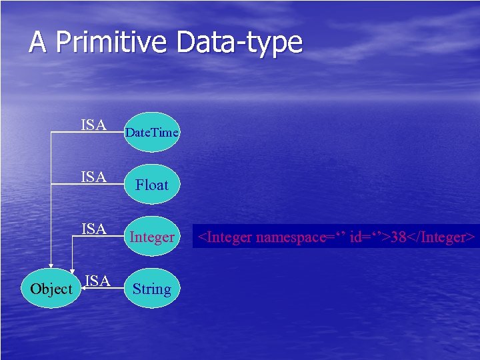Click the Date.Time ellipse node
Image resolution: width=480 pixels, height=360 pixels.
point(152,132)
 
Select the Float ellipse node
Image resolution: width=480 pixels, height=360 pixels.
point(152,185)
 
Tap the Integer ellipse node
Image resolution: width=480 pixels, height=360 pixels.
point(152,237)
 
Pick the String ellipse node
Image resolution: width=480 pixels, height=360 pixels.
point(152,289)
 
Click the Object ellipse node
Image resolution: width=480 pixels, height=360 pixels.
point(51,289)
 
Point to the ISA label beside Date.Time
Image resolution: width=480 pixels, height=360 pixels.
point(95,125)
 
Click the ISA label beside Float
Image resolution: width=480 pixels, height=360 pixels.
point(95,177)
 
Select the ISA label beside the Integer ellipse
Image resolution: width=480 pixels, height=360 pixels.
point(95,229)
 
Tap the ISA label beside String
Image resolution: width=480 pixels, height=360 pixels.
point(98,281)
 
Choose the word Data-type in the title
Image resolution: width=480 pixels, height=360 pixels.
point(240,43)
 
